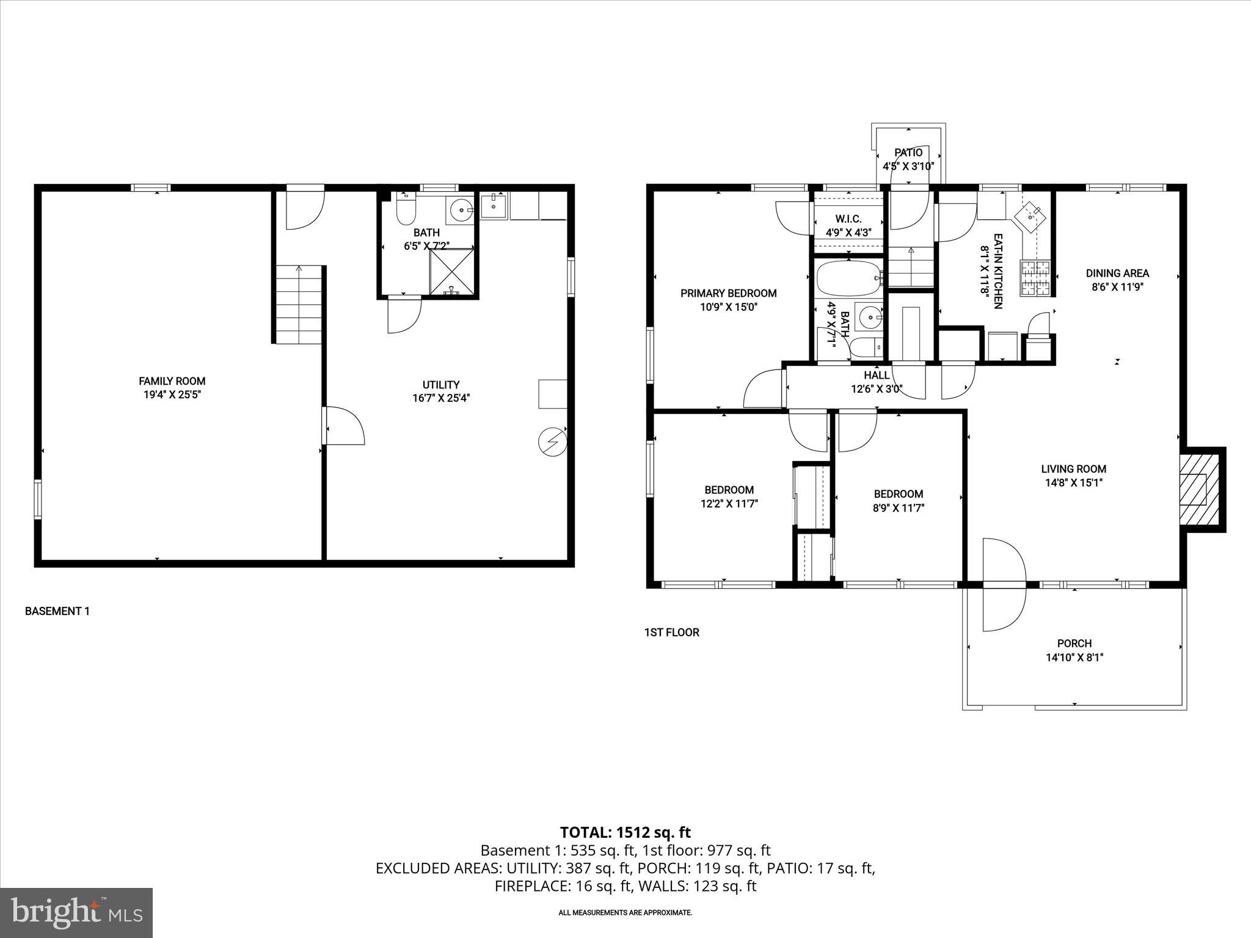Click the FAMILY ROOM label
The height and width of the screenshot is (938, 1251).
172,381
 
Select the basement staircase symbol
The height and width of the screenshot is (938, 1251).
299,305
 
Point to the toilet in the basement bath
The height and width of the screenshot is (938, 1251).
406,209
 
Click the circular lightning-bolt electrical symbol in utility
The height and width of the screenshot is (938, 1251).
552,442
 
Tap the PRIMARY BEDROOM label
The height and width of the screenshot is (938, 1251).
728,293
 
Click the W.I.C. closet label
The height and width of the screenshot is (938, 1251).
848,219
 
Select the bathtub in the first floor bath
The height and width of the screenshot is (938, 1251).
849,279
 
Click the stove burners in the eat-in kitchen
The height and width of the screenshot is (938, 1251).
1034,278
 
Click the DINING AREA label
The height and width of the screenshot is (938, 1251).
1117,274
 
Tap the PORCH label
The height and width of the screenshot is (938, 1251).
1074,643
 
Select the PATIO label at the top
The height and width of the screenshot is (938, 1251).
908,153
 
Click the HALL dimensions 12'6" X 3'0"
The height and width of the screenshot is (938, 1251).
877,389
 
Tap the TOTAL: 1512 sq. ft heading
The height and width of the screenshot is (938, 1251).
625,832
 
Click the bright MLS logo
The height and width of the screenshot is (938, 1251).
76,912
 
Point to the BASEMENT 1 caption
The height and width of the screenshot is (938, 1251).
57,611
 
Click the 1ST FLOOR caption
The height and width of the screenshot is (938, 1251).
671,633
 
